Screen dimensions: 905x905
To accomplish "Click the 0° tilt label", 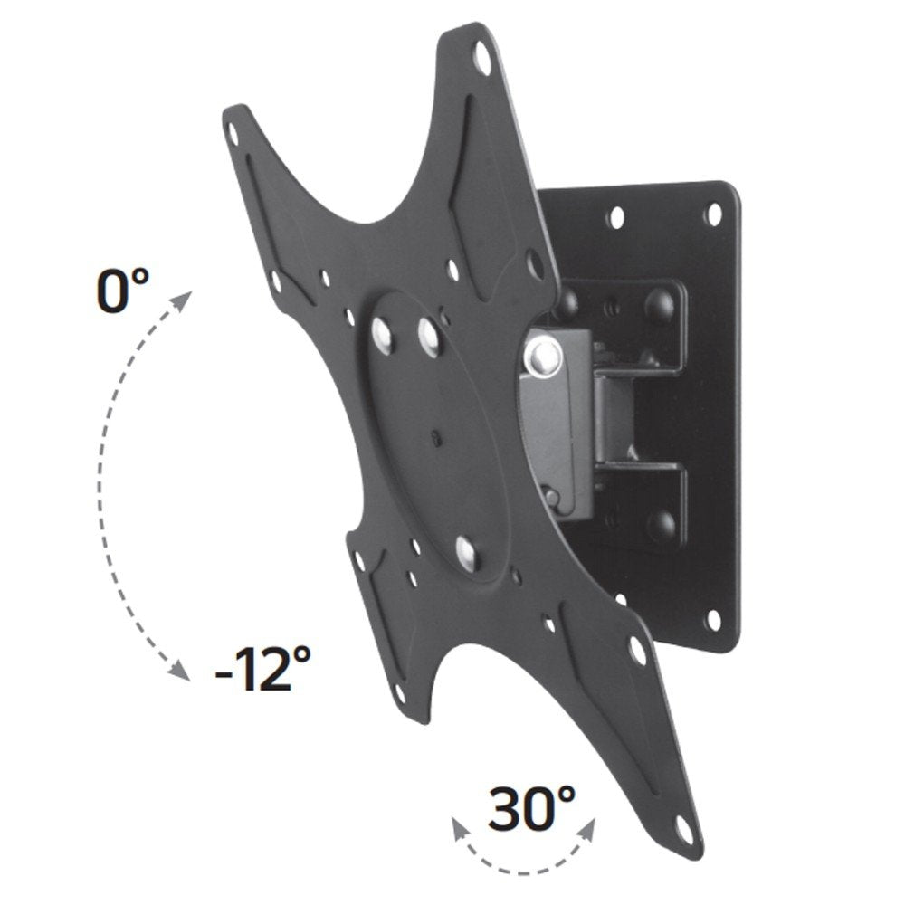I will pyautogui.click(x=122, y=291).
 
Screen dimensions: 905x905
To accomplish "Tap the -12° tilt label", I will pyautogui.click(x=263, y=672).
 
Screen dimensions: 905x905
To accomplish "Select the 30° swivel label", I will pyautogui.click(x=531, y=809).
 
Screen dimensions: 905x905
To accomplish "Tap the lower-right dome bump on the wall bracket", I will pyautogui.click(x=666, y=520).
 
